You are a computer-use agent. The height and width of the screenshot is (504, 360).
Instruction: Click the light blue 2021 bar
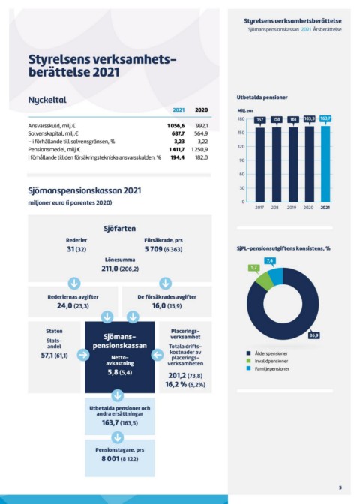coord(325,164)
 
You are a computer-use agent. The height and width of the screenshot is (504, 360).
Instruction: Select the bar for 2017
coord(260,165)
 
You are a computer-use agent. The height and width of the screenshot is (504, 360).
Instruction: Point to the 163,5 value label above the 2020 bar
coord(310,119)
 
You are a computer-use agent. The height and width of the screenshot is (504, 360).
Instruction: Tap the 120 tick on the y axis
coord(241,146)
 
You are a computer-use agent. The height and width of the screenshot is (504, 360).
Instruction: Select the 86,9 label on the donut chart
coord(313,335)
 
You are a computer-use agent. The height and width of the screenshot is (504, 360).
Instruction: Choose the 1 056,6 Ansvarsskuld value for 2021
coord(175,126)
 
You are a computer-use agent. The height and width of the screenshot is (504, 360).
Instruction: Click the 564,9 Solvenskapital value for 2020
coord(201,133)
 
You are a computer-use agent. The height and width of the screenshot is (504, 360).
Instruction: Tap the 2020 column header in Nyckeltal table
coord(202,110)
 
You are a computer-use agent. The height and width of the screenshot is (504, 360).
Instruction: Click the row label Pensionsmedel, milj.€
coord(54,149)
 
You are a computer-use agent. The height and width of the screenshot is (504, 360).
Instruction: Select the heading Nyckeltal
coord(47,100)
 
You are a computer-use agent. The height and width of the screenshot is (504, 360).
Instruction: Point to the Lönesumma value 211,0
coord(110,268)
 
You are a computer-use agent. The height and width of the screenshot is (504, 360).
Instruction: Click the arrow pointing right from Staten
coord(83,355)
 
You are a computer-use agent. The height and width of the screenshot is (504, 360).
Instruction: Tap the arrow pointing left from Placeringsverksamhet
coord(157,355)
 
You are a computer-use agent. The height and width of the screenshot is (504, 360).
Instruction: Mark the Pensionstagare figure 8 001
coord(110,459)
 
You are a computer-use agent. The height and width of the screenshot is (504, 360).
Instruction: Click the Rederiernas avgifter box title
coord(73,297)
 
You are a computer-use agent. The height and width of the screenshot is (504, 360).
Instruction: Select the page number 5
coord(340,487)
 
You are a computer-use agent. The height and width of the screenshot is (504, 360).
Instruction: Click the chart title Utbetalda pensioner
coord(262,97)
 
